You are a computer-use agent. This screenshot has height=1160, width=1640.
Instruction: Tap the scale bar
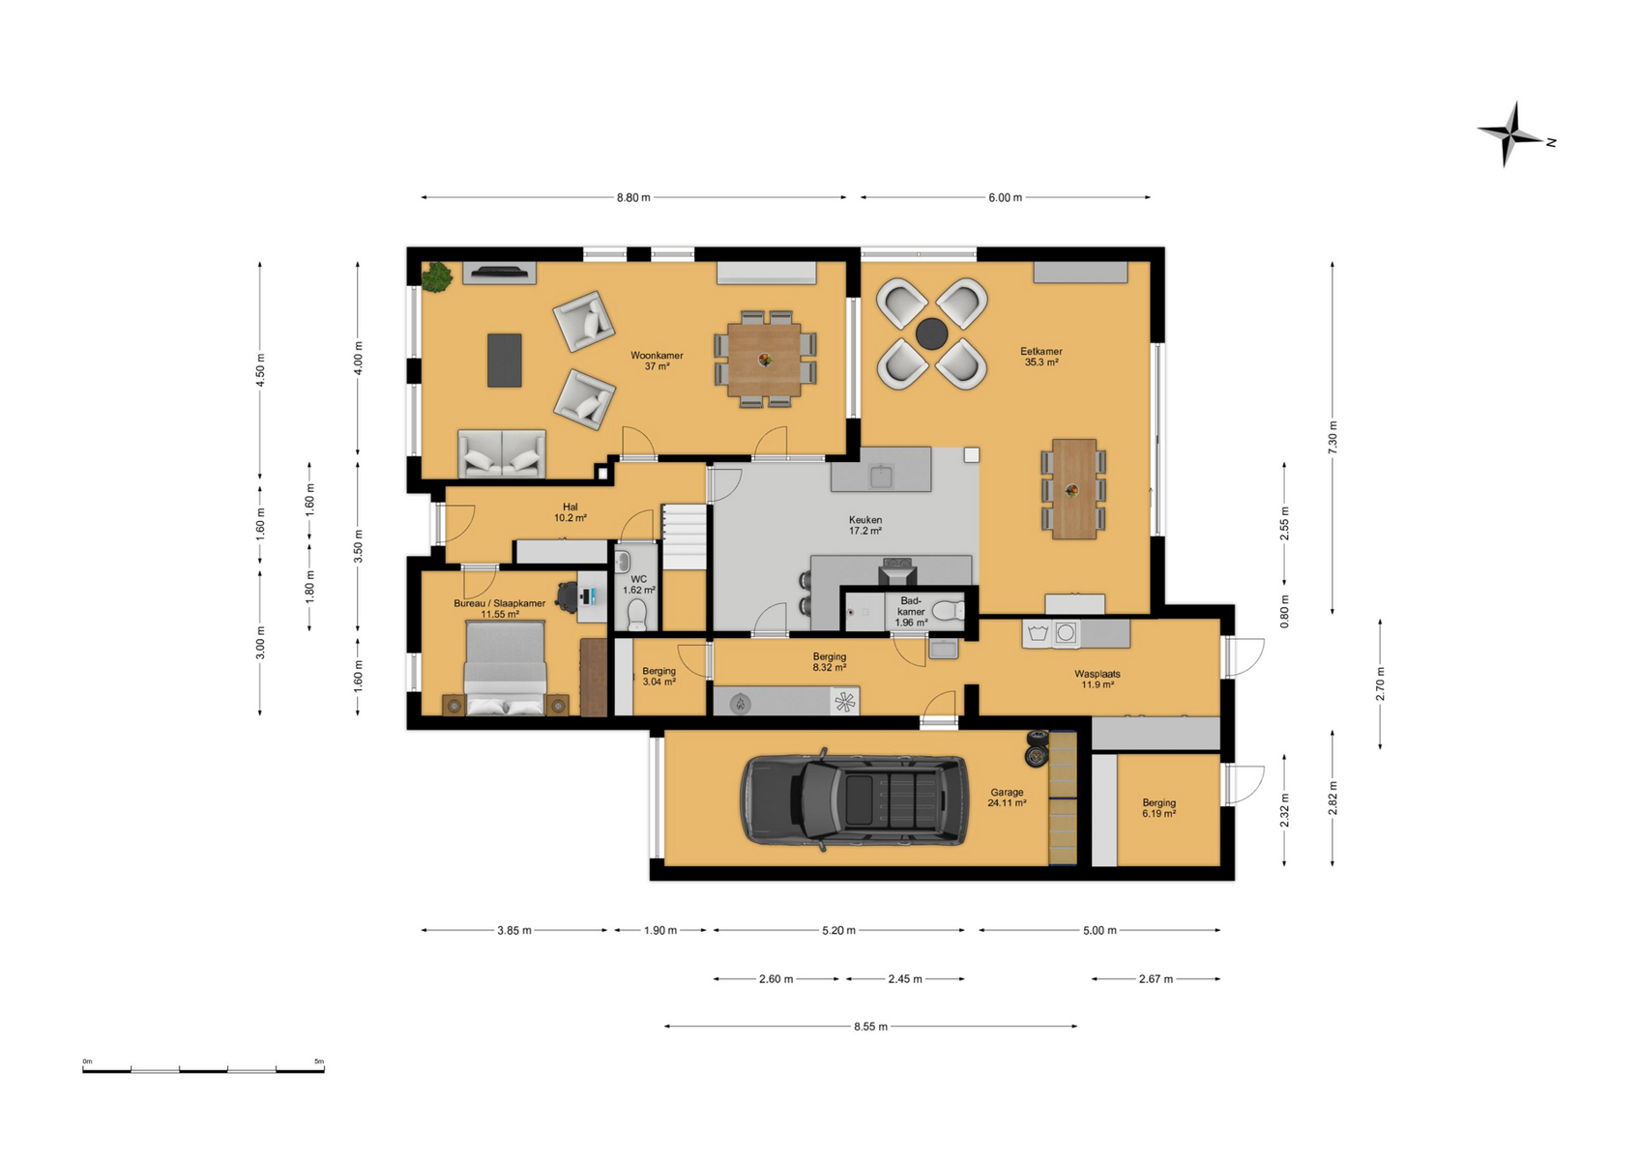203,1070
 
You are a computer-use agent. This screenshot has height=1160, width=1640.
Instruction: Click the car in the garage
854,800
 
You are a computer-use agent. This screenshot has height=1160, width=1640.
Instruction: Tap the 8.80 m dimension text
633,197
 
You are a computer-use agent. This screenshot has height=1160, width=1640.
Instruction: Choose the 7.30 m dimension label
1332,437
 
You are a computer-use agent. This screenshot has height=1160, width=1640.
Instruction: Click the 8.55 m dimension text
870,1027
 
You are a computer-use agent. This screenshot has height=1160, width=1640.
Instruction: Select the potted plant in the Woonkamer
437,277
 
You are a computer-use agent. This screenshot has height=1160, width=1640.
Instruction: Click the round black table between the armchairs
931,333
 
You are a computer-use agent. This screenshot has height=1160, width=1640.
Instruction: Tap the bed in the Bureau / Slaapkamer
506,667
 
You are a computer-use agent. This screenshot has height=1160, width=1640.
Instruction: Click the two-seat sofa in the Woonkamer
502,453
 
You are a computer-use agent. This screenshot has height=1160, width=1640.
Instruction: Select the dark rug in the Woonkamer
505,360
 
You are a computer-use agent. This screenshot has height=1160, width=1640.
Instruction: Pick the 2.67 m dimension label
1157,979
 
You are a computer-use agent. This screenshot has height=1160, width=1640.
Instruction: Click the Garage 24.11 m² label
1007,797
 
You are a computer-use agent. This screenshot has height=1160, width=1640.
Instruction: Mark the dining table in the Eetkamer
1074,489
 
